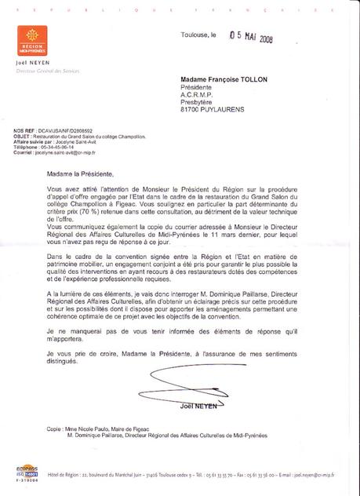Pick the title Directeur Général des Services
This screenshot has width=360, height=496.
[45, 71]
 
